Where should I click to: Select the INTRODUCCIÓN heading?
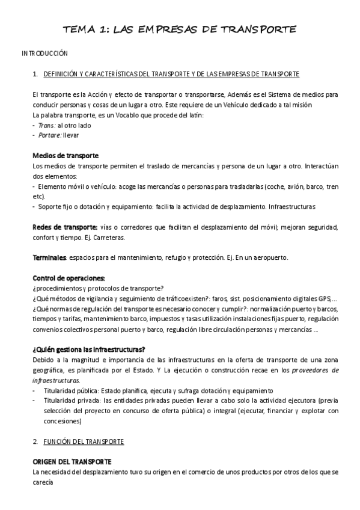(x=44, y=54)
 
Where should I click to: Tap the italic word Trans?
(x=46, y=125)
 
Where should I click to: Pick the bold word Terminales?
(x=49, y=258)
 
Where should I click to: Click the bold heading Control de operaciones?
(x=69, y=278)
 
